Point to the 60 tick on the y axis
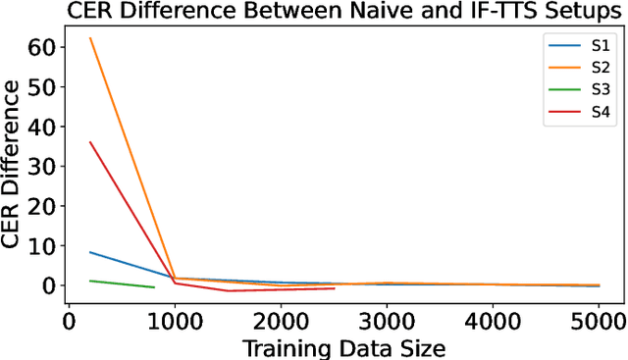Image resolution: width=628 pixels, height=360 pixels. coord(46,46)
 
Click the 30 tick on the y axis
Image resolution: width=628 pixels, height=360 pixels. coord(46,166)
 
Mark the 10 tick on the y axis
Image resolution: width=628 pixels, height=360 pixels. coord(46,245)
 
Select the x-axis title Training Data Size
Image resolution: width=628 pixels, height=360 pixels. coord(333,347)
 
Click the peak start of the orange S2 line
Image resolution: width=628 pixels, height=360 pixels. coord(90,38)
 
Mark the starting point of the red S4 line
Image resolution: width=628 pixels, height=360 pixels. coord(90,142)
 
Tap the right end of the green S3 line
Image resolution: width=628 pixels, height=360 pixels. coord(154,287)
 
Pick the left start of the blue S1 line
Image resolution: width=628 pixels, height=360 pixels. coord(90,252)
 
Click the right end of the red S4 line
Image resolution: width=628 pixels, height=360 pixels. coord(334,288)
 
